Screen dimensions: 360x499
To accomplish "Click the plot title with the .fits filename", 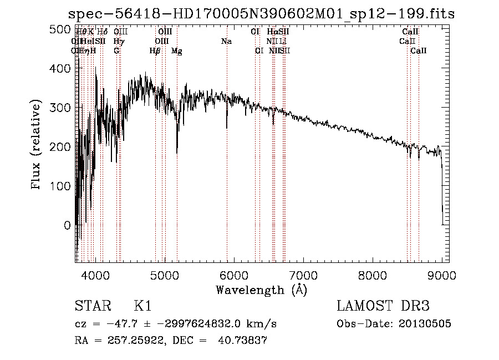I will pyautogui.click(x=261, y=14).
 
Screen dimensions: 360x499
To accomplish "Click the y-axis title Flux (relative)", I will pyautogui.click(x=37, y=145).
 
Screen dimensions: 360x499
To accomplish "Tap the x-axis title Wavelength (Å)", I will pyautogui.click(x=261, y=290).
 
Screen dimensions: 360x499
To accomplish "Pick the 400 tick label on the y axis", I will pyautogui.click(x=60, y=68).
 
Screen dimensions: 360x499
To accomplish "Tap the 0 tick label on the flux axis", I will pyautogui.click(x=67, y=225).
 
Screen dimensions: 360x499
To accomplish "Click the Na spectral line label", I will pyautogui.click(x=226, y=41).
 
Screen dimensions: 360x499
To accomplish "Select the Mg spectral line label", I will pyautogui.click(x=177, y=51).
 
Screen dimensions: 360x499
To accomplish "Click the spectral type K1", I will pyautogui.click(x=142, y=306).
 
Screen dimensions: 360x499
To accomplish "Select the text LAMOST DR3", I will pyautogui.click(x=383, y=306).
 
